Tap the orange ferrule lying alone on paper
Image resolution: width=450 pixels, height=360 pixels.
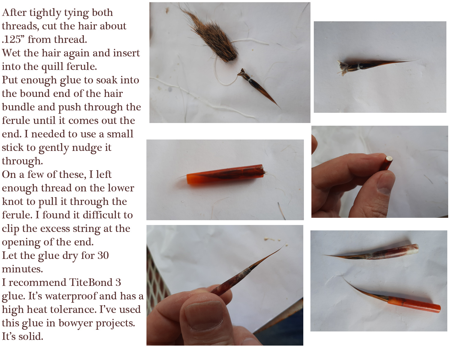[x=225, y=174]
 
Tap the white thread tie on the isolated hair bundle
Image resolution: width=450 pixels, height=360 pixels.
[x=359, y=67]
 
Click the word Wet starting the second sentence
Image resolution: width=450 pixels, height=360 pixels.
[x=12, y=53]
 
